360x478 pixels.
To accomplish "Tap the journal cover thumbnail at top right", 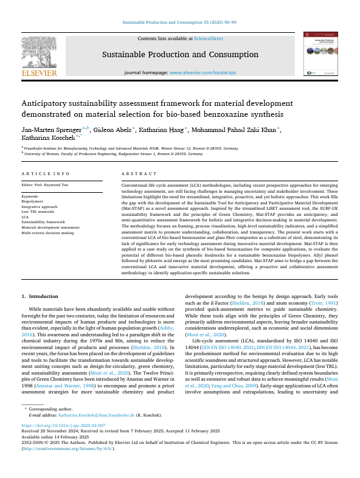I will tap(322, 55).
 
